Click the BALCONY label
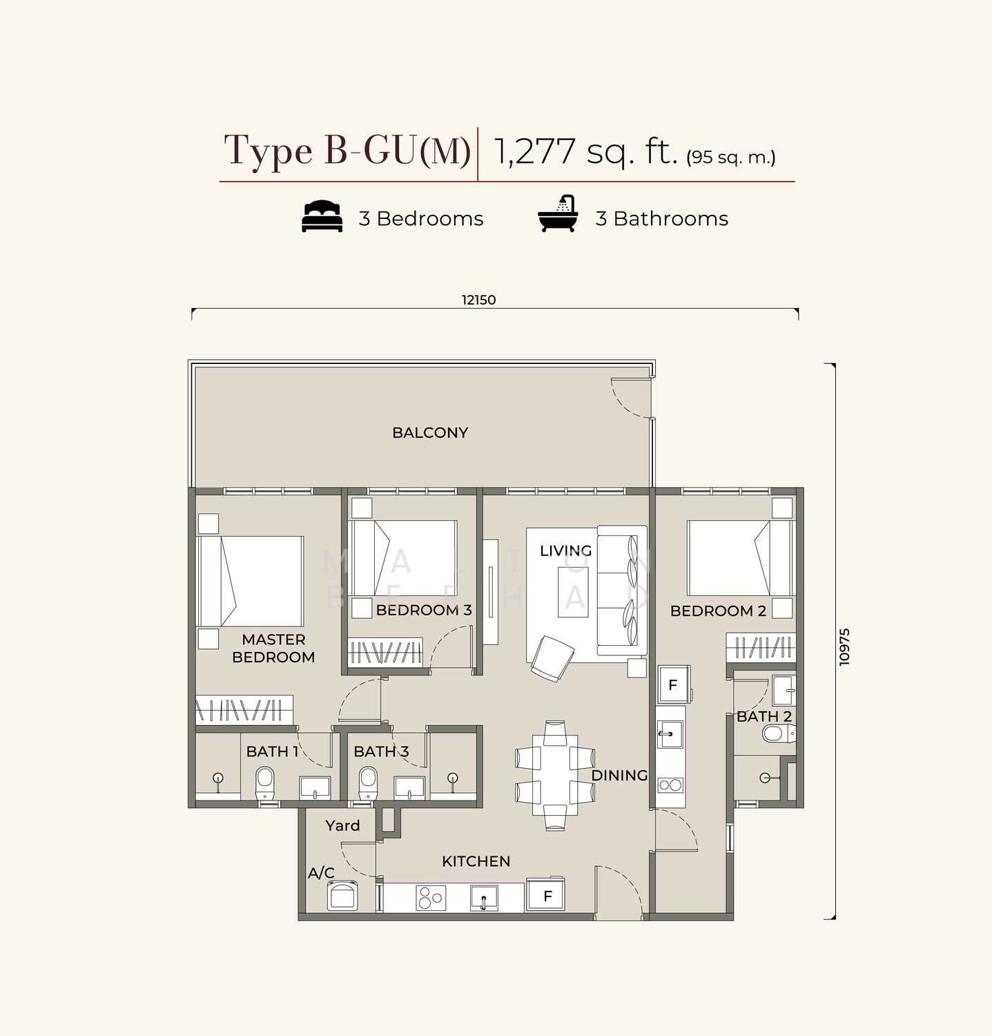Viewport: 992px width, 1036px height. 430,432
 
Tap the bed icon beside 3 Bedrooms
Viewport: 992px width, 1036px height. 322,216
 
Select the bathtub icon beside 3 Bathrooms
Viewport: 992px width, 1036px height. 558,213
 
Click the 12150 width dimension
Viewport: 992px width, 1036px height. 478,300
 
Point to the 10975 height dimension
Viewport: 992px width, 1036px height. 845,646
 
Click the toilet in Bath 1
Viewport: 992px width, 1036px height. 265,785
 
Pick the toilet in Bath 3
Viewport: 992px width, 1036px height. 368,785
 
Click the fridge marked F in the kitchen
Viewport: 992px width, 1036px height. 547,896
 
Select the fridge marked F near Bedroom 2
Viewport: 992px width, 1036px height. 673,685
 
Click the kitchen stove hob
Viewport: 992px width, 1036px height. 430,898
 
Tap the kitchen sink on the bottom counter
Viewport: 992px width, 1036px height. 484,898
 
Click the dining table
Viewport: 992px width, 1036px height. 555,775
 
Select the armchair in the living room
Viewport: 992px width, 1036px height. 552,658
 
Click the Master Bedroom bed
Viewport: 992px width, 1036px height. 250,582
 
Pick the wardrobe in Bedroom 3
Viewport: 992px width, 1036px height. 385,651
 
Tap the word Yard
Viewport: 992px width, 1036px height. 342,825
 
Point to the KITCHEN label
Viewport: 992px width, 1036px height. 476,861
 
